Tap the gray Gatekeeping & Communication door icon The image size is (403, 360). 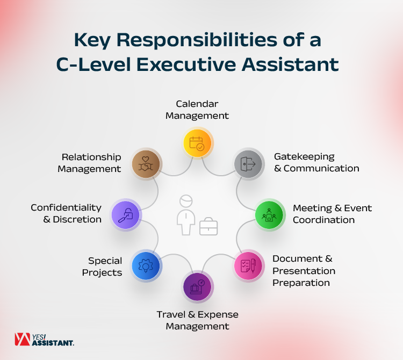click(249, 163)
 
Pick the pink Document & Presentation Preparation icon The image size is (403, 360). click(248, 265)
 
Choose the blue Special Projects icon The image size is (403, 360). click(145, 265)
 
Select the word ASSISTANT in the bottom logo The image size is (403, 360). click(53, 342)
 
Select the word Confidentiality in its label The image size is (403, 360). click(66, 207)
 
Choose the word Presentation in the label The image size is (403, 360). click(304, 271)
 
